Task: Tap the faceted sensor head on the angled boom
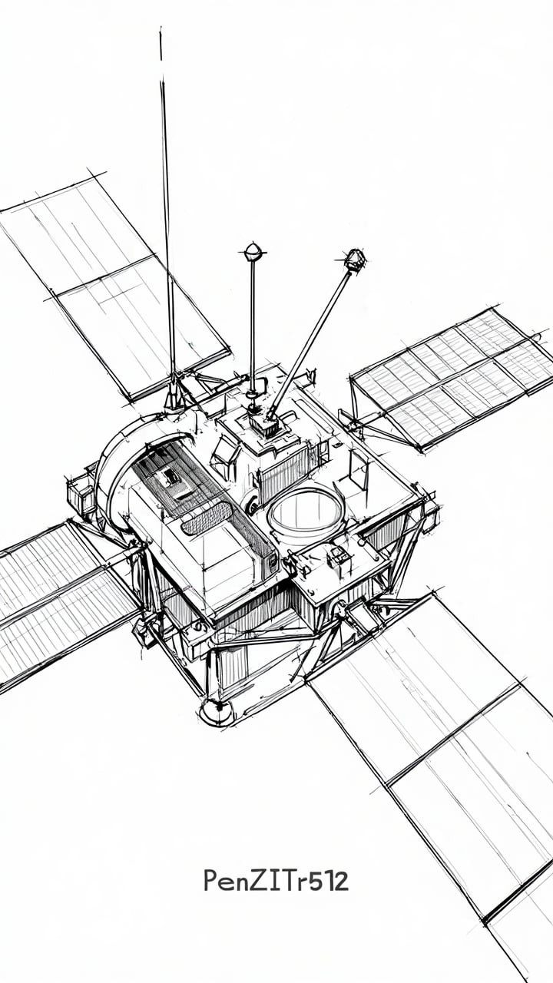pos(354,260)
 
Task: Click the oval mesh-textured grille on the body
pos(207,518)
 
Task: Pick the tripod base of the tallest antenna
pos(174,392)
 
